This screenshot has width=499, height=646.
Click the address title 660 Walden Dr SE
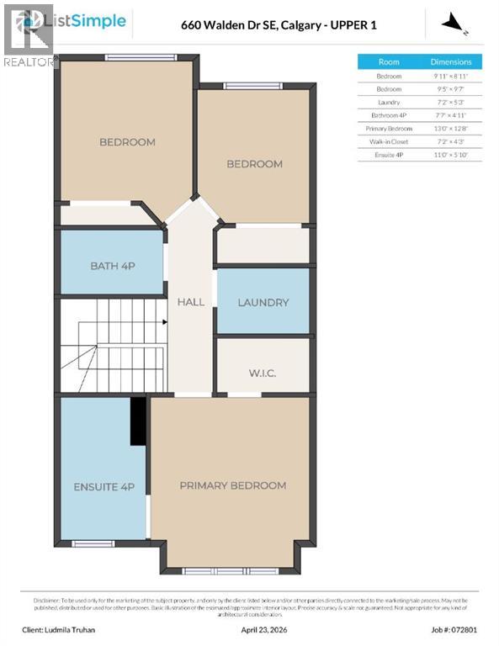pyautogui.click(x=279, y=25)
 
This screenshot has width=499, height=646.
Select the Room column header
pyautogui.click(x=389, y=62)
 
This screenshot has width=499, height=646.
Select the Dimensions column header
pyautogui.click(x=452, y=62)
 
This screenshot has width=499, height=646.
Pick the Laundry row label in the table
pyautogui.click(x=389, y=102)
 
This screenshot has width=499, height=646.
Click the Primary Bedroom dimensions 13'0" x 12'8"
pyautogui.click(x=452, y=129)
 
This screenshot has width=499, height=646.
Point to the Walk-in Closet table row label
pyautogui.click(x=389, y=141)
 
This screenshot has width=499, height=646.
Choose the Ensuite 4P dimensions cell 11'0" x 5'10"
pyautogui.click(x=452, y=155)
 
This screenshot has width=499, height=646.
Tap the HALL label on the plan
pyautogui.click(x=190, y=302)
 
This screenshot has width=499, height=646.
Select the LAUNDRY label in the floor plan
pyautogui.click(x=263, y=303)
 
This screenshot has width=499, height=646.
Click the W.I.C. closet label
pyautogui.click(x=263, y=373)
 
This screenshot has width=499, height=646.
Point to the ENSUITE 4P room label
pyautogui.click(x=104, y=487)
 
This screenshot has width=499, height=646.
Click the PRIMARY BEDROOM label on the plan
pyautogui.click(x=232, y=485)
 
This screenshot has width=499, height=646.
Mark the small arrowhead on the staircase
pyautogui.click(x=163, y=321)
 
